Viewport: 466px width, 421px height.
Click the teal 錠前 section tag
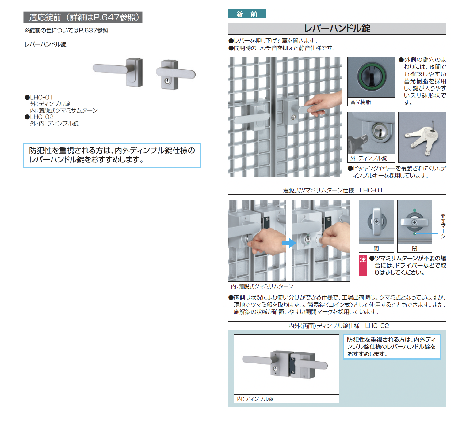click(x=247, y=14)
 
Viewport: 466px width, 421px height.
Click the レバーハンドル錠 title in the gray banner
click(x=337, y=28)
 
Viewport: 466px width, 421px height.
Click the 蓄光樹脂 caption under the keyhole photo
click(x=361, y=102)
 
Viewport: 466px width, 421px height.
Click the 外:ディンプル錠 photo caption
click(x=369, y=158)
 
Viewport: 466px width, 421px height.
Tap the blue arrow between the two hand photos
click(x=289, y=243)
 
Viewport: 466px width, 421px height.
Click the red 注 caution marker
click(x=363, y=266)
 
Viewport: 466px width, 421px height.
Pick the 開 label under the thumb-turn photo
click(x=376, y=248)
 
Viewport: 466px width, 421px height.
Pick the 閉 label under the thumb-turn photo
click(x=415, y=248)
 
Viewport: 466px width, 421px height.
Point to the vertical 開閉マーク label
click(x=443, y=226)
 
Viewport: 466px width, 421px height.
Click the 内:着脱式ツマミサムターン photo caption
click(x=262, y=286)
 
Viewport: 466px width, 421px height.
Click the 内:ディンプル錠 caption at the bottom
click(x=255, y=399)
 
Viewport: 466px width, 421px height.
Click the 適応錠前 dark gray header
click(x=83, y=17)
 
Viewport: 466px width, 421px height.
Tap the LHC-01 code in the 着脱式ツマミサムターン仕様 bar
click(x=371, y=190)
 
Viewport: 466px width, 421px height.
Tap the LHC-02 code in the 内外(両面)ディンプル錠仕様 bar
click(x=377, y=326)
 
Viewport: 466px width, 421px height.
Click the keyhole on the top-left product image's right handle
click(x=167, y=81)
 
